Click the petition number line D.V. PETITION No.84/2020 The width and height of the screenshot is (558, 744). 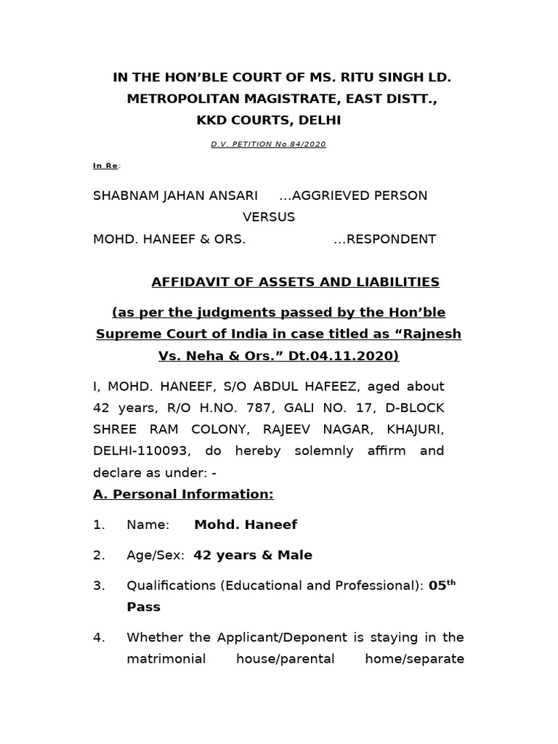click(268, 144)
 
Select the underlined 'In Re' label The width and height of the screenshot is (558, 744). click(106, 166)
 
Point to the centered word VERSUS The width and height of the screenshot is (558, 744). click(268, 217)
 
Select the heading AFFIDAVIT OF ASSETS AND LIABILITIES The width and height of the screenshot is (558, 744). click(294, 281)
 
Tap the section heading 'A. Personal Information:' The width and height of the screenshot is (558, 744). click(183, 494)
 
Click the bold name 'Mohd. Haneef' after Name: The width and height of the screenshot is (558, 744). click(246, 525)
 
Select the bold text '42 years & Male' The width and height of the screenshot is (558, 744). click(253, 555)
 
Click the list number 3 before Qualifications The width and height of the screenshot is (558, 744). click(99, 586)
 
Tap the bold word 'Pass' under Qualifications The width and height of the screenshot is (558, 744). click(143, 607)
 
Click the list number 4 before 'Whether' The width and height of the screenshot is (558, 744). click(99, 638)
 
